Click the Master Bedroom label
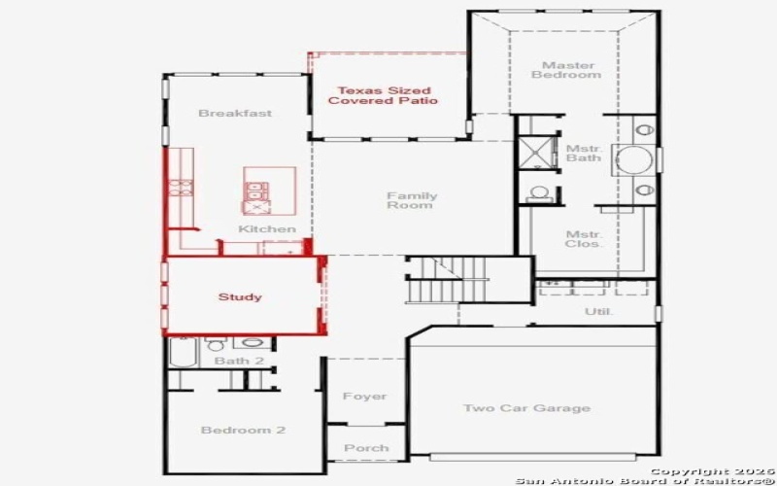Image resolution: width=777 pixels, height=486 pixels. [552, 70]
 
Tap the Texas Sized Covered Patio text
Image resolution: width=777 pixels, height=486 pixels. [383, 94]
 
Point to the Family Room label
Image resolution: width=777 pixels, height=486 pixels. [412, 200]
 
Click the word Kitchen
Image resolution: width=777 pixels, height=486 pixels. [267, 229]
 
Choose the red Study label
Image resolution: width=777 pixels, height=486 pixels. [240, 296]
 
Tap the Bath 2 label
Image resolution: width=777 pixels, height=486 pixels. [239, 361]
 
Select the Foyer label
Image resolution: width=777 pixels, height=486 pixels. [365, 397]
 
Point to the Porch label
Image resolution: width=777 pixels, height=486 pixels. [367, 448]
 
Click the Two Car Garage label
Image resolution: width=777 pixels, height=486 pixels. [526, 408]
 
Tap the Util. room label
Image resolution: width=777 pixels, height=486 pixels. [595, 312]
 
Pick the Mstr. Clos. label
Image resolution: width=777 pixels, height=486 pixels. [584, 239]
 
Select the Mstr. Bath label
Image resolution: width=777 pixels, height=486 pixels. [584, 153]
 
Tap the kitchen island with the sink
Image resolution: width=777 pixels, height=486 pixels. [270, 191]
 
